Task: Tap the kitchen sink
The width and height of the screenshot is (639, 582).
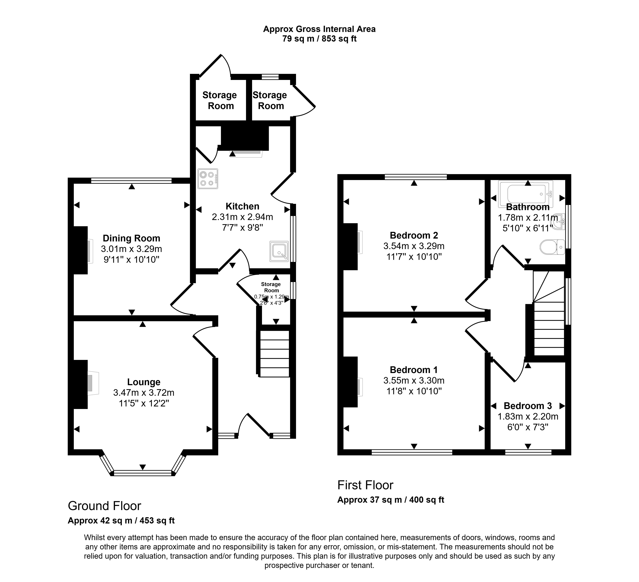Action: pos(279,251)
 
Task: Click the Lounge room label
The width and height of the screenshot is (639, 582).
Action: pos(144,382)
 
